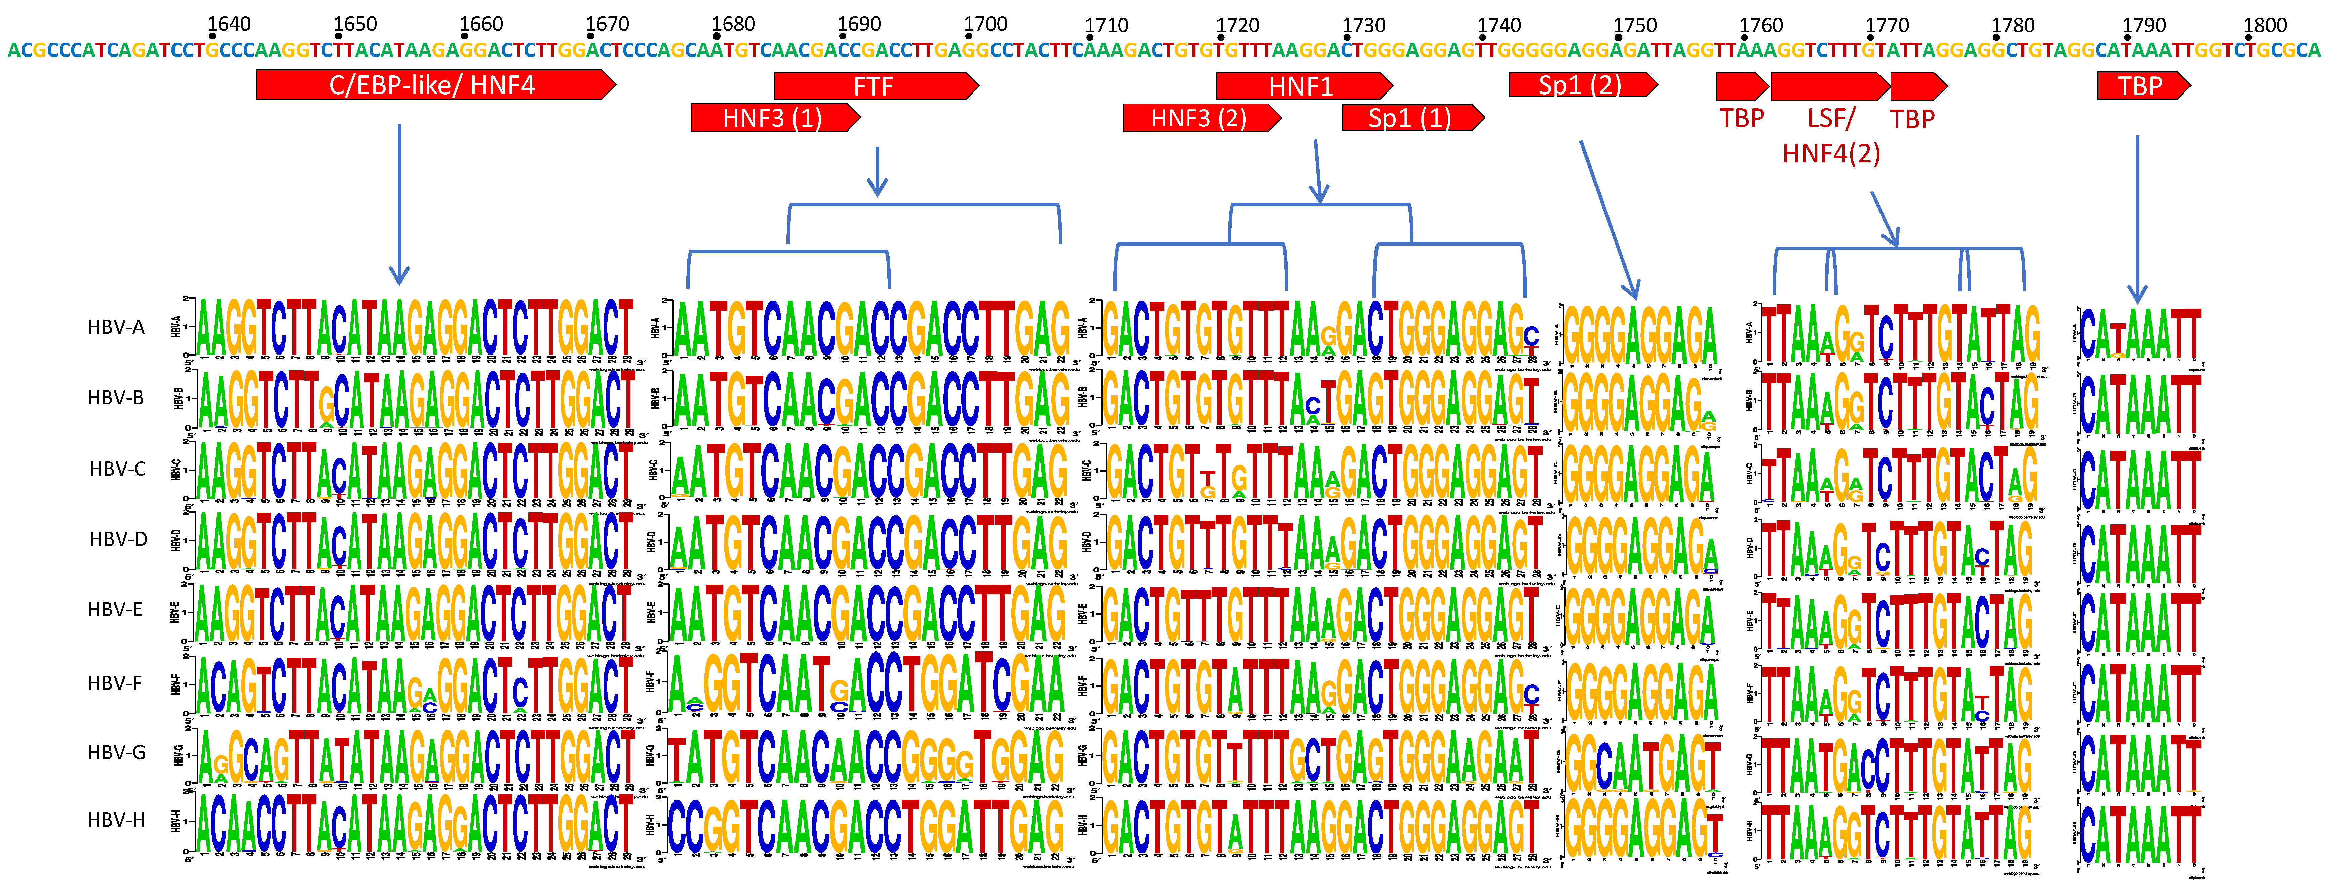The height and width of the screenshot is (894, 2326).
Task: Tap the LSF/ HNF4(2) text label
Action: pyautogui.click(x=1831, y=136)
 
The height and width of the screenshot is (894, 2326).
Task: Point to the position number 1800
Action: pyautogui.click(x=2264, y=24)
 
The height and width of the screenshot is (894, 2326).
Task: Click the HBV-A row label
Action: pyautogui.click(x=116, y=327)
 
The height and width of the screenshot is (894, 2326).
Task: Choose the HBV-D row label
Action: pyautogui.click(x=117, y=539)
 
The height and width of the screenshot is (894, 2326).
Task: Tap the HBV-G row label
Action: pyautogui.click(x=116, y=752)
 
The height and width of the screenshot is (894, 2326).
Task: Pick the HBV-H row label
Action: pyautogui.click(x=116, y=820)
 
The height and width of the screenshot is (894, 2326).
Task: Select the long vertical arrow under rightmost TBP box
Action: pyautogui.click(x=2137, y=217)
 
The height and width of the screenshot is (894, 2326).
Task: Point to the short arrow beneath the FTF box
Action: pyautogui.click(x=877, y=172)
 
